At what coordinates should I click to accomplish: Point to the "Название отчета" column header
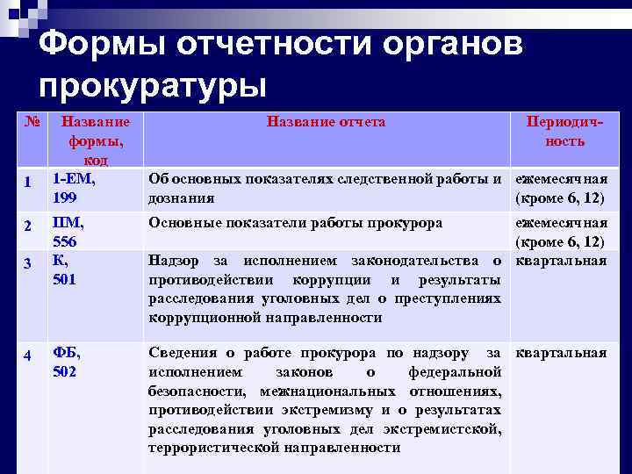coord(326,122)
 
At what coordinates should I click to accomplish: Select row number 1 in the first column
coord(28,183)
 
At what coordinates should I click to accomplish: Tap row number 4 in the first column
coord(28,355)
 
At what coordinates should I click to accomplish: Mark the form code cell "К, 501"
coord(65,270)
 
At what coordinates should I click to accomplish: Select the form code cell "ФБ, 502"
coord(67,362)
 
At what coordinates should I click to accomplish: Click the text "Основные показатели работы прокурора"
coord(295,223)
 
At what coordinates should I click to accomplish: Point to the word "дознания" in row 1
coord(182,198)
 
